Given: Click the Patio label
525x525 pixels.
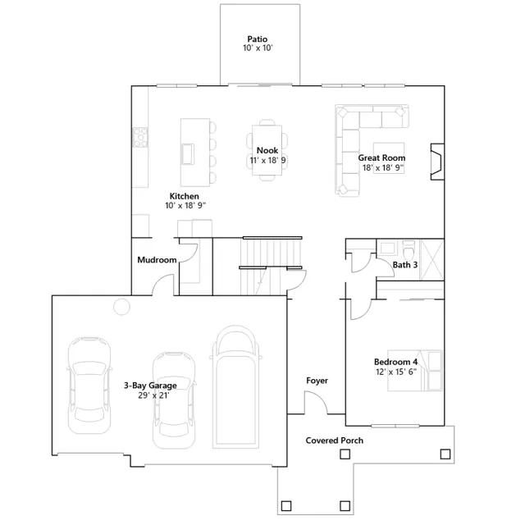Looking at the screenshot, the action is click(257, 39).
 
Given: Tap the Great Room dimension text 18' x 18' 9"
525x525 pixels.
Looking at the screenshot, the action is click(383, 167).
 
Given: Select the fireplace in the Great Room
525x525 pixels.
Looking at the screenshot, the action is click(437, 162).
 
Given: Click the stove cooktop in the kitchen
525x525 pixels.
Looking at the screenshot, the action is click(140, 137).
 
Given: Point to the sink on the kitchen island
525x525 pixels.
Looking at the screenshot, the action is click(188, 154).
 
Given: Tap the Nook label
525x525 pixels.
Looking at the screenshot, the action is click(267, 150).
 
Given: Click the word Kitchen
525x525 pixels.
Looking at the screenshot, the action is click(184, 196).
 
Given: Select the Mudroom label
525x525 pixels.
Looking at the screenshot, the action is click(157, 260).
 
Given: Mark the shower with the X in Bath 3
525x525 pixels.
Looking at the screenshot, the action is click(432, 259).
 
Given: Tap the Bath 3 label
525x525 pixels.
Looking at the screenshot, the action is click(405, 265).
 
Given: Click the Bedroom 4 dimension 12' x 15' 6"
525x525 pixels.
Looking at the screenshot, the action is click(396, 372).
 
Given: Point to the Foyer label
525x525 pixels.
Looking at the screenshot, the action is click(317, 381).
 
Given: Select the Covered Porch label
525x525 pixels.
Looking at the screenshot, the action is click(334, 441).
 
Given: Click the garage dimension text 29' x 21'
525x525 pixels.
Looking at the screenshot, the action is click(153, 395).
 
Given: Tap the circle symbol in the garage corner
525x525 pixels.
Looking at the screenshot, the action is click(121, 306).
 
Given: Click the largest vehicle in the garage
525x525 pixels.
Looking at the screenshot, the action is click(235, 386).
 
